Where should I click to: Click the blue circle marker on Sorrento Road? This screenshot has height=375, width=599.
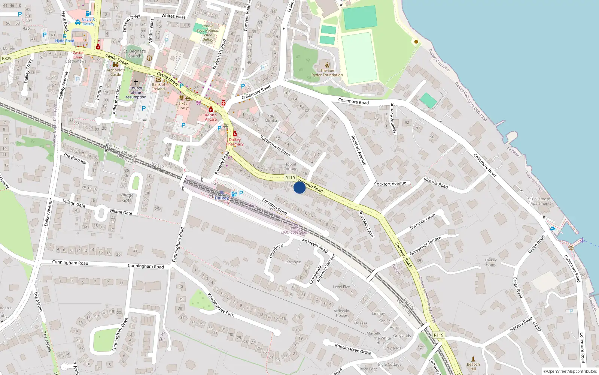click(299, 187)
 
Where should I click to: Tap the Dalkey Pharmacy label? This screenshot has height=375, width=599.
click(235, 142)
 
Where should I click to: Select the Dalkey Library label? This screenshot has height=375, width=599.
click(182, 105)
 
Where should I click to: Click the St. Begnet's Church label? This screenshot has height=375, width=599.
click(134, 54)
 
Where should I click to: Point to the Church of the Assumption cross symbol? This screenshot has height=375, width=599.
click(136, 82)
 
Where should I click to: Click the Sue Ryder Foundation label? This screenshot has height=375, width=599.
click(327, 73)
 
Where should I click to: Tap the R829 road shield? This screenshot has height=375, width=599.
click(7, 58)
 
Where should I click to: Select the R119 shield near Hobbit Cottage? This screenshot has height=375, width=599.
click(290, 178)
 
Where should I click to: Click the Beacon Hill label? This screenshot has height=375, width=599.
click(473, 366)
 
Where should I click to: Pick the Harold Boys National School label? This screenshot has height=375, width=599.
click(208, 33)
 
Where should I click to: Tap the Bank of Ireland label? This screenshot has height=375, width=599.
click(158, 87)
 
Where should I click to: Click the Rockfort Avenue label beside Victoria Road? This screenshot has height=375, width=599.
click(390, 184)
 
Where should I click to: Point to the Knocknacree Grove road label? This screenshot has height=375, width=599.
click(353, 349)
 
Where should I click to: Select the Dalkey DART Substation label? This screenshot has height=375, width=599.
click(295, 230)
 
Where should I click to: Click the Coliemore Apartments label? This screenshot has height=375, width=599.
click(541, 201)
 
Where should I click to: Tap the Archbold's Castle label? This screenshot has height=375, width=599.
click(116, 72)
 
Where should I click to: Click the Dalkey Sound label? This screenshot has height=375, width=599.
click(491, 262)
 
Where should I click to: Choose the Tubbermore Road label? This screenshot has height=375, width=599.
click(275, 145)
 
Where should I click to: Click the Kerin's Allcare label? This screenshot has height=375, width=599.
click(211, 117)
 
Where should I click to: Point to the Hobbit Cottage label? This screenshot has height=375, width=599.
click(290, 166)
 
